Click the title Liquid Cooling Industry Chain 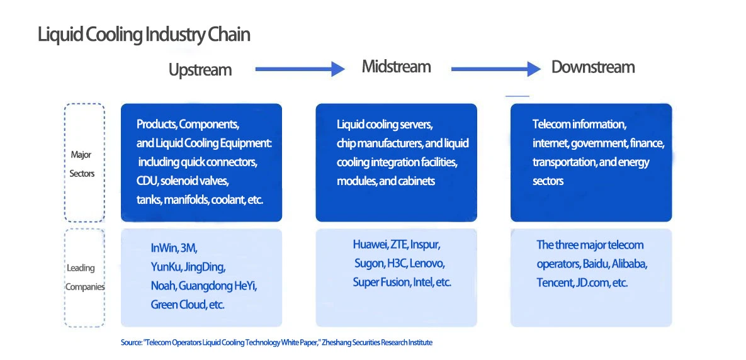[x=144, y=35]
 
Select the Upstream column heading [x=200, y=70]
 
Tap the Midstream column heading [x=396, y=67]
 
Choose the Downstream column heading [x=593, y=67]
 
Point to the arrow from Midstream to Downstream [x=495, y=69]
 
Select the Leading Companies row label [x=84, y=278]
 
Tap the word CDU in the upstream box [x=147, y=181]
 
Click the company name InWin [x=164, y=248]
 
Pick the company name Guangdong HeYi [x=218, y=286]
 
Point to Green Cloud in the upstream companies [x=178, y=305]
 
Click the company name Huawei [x=370, y=244]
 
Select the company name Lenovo [x=427, y=263]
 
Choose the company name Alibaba [x=629, y=264]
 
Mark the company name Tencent [x=554, y=283]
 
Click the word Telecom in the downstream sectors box [x=551, y=124]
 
